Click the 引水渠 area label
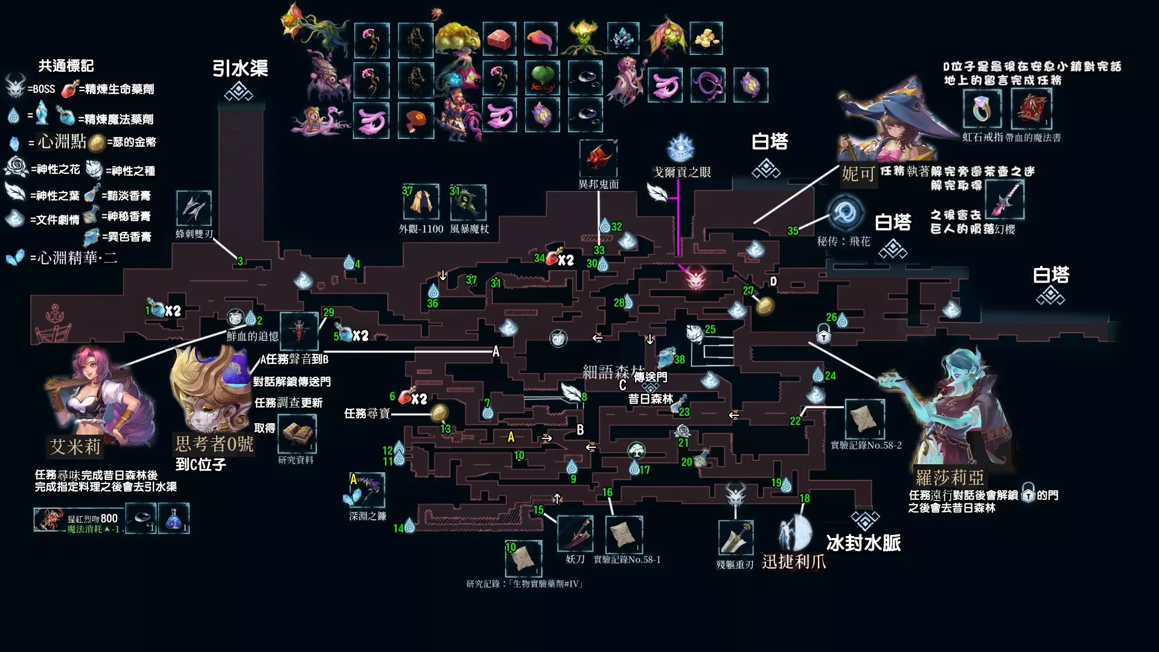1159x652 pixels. [240, 68]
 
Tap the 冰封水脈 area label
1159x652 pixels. [863, 543]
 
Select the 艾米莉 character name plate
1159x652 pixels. [75, 447]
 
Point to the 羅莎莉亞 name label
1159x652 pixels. [950, 478]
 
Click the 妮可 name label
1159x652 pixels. [858, 174]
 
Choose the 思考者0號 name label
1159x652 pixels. [214, 444]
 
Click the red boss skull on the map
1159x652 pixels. [695, 279]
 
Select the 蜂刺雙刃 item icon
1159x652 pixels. [194, 208]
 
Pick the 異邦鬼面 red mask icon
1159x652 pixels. [598, 158]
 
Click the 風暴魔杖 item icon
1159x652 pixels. [468, 203]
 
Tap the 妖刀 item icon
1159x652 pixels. [575, 533]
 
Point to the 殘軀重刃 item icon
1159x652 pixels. [735, 537]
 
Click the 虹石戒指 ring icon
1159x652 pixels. [982, 109]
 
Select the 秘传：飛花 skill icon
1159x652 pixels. [845, 213]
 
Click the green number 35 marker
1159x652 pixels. [793, 231]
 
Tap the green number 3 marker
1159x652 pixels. [240, 261]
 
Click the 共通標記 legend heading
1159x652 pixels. [66, 66]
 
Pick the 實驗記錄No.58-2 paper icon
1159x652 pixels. [864, 418]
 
